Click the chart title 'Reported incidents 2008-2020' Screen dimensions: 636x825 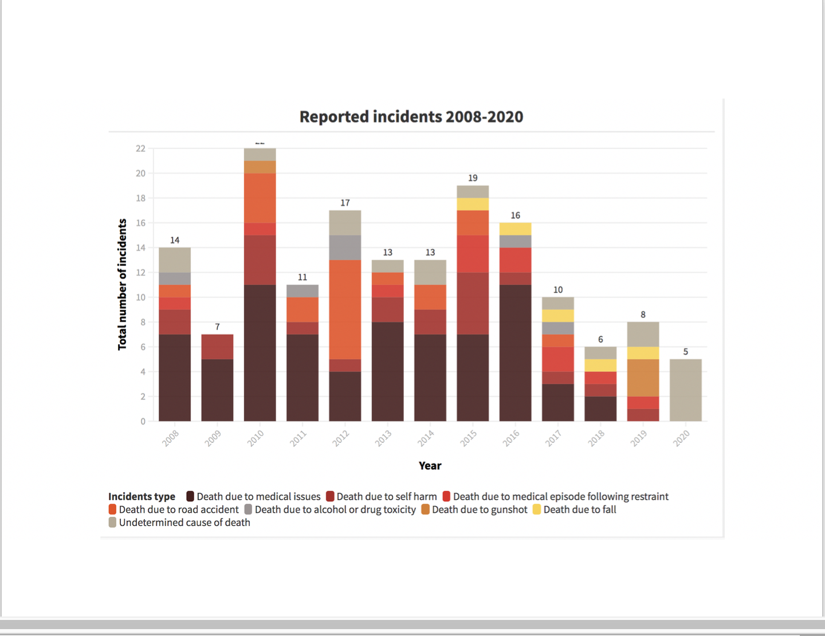pos(411,116)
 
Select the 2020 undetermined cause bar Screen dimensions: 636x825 pos(685,390)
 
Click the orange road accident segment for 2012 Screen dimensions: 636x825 pos(345,309)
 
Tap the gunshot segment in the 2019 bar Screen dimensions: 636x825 pos(643,378)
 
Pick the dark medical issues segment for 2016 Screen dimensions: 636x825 pos(515,353)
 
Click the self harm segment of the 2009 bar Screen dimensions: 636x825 pos(217,347)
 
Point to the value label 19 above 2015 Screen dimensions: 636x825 pos(473,178)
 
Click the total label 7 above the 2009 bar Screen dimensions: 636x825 pos(217,327)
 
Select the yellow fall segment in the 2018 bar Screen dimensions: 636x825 pos(600,366)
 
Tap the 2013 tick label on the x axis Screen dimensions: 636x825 pos(383,438)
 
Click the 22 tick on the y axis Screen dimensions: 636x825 pos(140,148)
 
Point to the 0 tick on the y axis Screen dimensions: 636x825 pos(143,421)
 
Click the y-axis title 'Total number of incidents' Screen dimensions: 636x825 pos(122,284)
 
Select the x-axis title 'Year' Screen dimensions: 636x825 pos(430,466)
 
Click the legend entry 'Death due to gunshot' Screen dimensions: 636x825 pos(480,509)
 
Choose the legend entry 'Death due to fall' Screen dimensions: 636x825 pos(579,509)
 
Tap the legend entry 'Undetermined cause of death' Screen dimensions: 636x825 pos(184,523)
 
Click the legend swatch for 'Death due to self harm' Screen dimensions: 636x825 pos(330,496)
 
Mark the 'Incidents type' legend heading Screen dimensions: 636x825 pos(142,496)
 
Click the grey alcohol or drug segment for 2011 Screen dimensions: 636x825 pos(302,291)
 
